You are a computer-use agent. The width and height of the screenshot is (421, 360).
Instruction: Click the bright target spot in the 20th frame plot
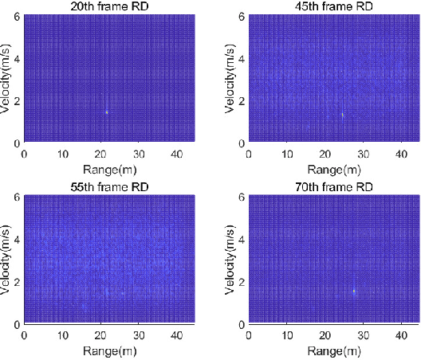pyautogui.click(x=106, y=112)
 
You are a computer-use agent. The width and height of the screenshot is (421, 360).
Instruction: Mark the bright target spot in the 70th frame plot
pyautogui.click(x=354, y=291)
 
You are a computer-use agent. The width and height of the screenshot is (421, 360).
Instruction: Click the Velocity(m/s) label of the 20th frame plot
pyautogui.click(x=7, y=80)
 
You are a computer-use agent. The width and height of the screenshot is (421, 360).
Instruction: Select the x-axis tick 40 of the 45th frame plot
pyautogui.click(x=403, y=155)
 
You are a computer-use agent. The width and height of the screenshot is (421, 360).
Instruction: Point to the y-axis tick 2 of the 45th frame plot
pyautogui.click(x=243, y=101)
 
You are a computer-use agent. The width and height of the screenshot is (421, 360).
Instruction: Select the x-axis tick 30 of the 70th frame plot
pyautogui.click(x=364, y=336)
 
